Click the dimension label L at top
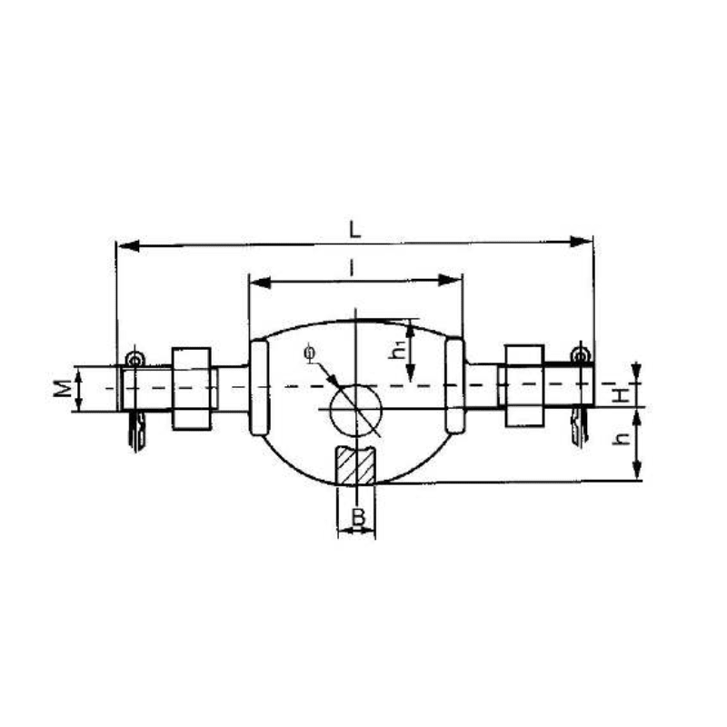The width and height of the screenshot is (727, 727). click(355, 230)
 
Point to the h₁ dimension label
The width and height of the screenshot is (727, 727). click(397, 350)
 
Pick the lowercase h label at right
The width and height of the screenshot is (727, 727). click(621, 439)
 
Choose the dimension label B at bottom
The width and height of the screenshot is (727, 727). click(358, 519)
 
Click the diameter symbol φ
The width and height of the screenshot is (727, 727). click(311, 351)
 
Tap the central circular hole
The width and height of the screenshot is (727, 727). click(355, 408)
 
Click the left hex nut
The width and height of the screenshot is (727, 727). click(192, 388)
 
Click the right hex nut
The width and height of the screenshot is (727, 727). click(523, 385)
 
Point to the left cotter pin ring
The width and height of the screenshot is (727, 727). click(134, 360)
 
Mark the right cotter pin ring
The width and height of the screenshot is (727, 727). click(579, 354)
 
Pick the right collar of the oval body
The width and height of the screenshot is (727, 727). click(454, 385)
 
